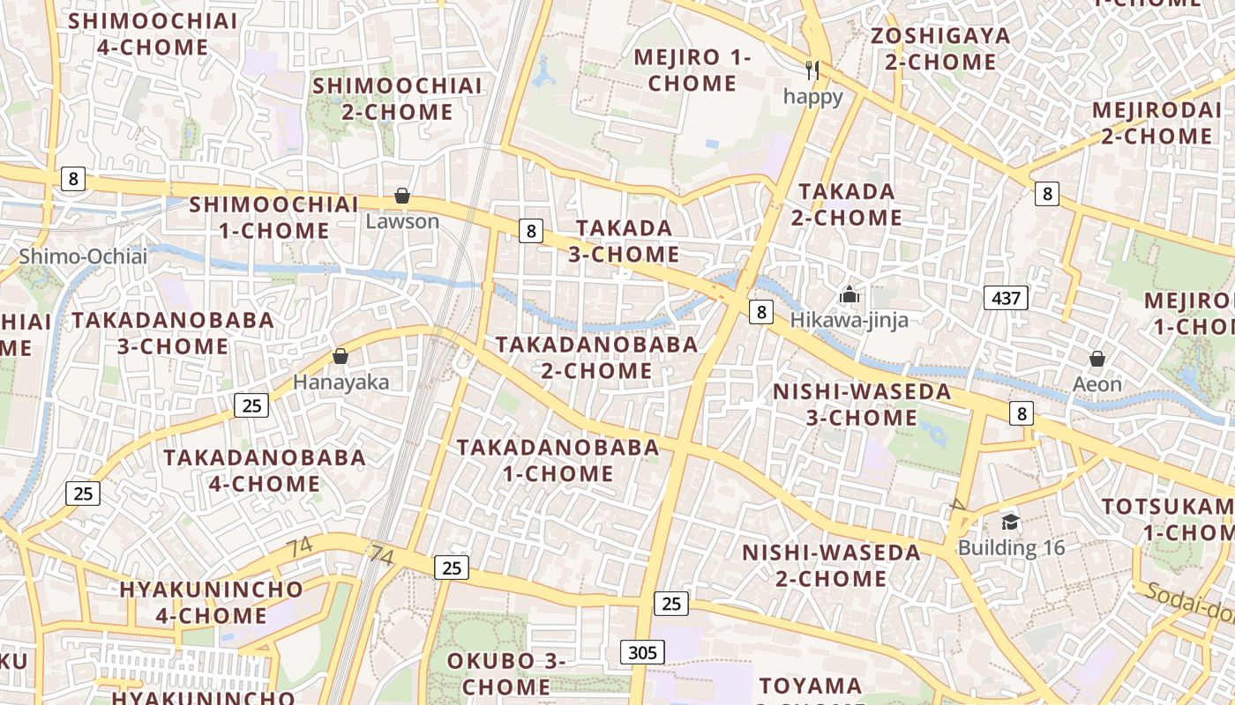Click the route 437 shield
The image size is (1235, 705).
[1006, 298]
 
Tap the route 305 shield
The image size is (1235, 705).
[643, 652]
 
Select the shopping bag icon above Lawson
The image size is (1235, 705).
[402, 196]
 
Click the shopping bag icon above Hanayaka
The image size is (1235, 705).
[341, 357]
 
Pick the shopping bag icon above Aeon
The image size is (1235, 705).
[1097, 359]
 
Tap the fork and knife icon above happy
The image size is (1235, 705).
[812, 70]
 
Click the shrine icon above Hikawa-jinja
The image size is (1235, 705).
[849, 294]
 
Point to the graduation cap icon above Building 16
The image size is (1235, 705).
[1010, 523]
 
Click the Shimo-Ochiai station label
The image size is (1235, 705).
[84, 256]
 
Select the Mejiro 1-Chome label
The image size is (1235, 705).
[692, 70]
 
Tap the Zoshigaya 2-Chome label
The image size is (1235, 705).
[940, 49]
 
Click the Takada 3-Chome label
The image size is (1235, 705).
[624, 241]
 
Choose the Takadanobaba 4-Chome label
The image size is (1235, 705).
[265, 471]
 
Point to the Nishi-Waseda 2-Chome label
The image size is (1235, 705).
[831, 566]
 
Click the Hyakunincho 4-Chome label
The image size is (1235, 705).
[211, 602]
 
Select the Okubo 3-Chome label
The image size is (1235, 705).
[506, 673]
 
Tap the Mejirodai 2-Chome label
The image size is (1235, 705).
[1153, 123]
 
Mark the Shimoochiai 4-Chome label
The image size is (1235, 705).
[153, 33]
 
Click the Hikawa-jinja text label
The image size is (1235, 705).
[849, 320]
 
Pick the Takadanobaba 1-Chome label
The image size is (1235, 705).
[558, 460]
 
